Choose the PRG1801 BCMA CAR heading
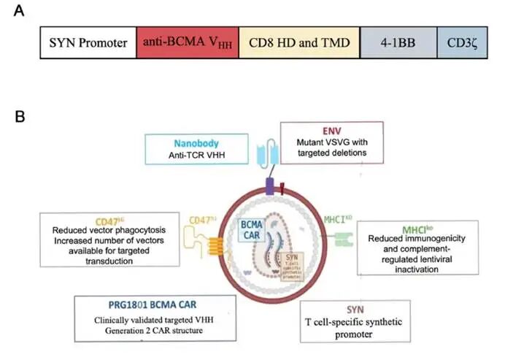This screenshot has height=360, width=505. click(149, 305)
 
